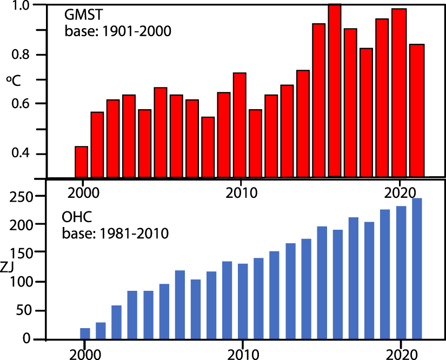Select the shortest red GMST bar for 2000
(x=81, y=162)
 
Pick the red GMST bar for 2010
(x=239, y=125)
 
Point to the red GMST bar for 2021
(x=417, y=111)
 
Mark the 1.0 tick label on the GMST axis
(x=28, y=5)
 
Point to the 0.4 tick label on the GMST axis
(x=28, y=155)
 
